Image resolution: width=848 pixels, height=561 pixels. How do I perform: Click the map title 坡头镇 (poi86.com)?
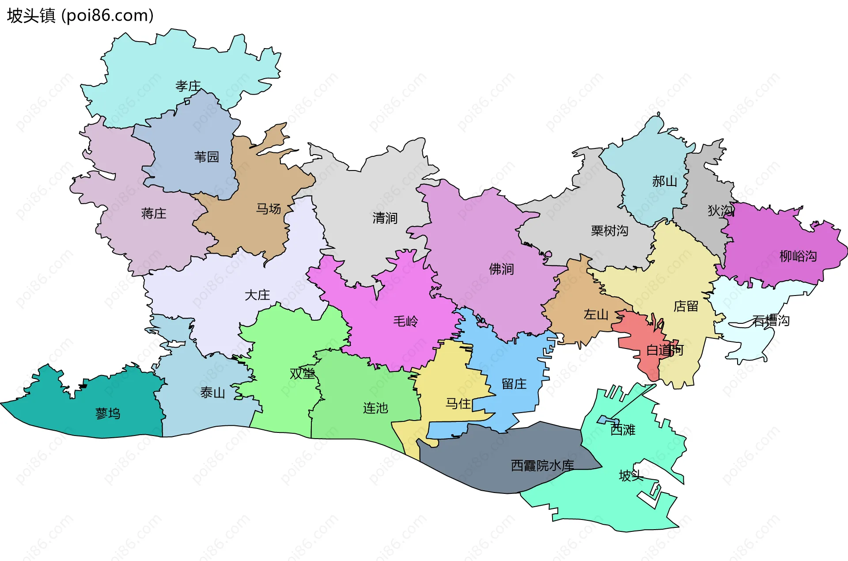[80, 15]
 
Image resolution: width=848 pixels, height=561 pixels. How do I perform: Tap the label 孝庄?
[188, 86]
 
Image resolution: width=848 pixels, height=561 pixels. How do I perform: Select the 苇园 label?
[206, 156]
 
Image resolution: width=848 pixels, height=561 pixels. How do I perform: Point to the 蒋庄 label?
[154, 213]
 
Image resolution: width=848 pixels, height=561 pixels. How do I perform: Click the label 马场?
[269, 208]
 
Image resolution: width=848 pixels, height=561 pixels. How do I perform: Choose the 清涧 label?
[385, 218]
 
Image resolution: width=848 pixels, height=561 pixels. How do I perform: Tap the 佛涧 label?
[501, 269]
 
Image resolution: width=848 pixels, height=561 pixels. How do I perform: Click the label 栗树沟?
[609, 231]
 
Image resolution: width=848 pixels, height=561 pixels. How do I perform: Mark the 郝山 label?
[664, 181]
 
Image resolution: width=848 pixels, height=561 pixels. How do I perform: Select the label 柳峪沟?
[798, 256]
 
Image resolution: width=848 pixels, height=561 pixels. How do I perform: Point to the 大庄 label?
[257, 295]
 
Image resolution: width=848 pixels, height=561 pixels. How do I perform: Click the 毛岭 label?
[405, 321]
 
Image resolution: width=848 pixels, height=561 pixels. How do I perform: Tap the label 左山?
[596, 315]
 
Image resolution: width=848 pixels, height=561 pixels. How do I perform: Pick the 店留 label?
[685, 306]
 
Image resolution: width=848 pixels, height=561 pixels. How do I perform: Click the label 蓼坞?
[108, 413]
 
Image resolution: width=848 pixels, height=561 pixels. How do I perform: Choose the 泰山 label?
[212, 392]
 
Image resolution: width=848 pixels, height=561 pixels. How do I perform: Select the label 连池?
[375, 408]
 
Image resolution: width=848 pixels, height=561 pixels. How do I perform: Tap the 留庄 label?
[514, 384]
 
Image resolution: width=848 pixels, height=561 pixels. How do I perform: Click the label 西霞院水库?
[542, 465]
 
